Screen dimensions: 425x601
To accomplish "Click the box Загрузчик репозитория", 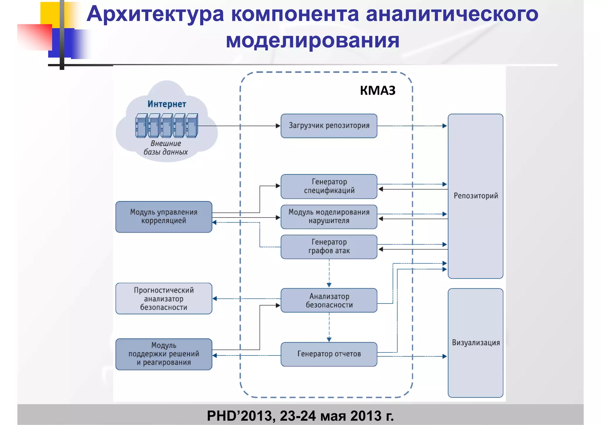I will pos(329,126).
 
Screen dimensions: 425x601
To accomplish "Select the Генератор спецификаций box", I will pos(329,186).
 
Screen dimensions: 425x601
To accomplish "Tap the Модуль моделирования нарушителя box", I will pos(329,217).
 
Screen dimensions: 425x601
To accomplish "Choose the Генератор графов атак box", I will pos(329,247).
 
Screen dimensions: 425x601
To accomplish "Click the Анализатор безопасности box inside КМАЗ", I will pos(329,300).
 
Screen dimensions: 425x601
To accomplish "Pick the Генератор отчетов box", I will pos(329,354).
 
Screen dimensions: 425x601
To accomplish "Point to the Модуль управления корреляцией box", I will pos(164,217).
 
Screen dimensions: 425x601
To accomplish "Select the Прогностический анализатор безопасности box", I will pos(164,298).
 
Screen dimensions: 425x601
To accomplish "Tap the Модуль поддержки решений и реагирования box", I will pos(164,354).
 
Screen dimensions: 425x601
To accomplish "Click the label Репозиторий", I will pos(476,196).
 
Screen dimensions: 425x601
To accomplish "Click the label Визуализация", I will pos(476,343).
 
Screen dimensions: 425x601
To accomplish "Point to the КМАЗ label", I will pos(378,90).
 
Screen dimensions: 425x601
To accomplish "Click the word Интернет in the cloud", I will pos(167,104).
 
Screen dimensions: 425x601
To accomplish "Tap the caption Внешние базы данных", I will pos(166,148).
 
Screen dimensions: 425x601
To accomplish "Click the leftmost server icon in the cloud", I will pos(141,126).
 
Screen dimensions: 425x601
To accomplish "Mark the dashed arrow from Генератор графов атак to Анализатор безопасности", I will pos(329,273).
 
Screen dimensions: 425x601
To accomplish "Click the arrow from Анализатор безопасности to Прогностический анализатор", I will pos(247,298).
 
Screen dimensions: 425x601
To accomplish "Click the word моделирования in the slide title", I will pos(313,40).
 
